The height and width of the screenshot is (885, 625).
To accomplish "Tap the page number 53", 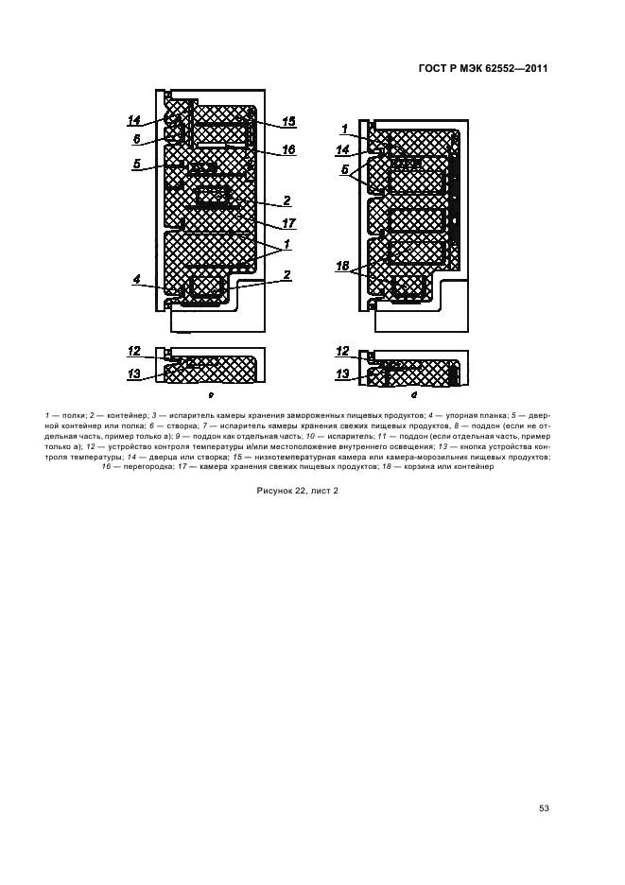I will click(x=544, y=807).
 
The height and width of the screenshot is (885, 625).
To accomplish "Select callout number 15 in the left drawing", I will click(x=288, y=122).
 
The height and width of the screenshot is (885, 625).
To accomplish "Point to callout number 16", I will click(x=288, y=149).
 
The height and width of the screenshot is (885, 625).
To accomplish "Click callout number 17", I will click(x=288, y=224).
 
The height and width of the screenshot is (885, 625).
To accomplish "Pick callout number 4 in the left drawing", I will click(x=136, y=280).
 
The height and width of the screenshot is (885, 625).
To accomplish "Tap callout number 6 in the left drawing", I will click(x=136, y=138).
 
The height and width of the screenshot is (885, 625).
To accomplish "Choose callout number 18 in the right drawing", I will click(x=346, y=269).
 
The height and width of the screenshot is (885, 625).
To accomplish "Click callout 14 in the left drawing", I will click(x=135, y=120).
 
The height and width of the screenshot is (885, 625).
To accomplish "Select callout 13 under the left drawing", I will click(x=135, y=374).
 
